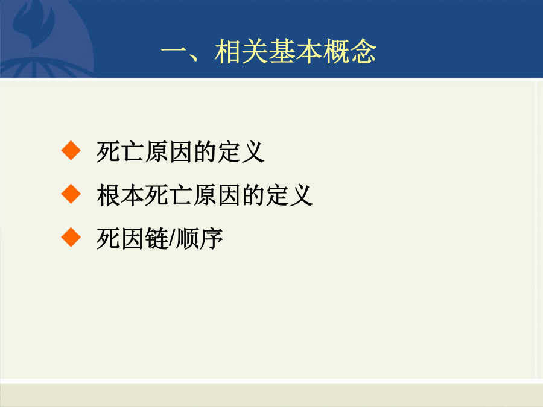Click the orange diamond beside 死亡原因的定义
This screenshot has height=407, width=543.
pyautogui.click(x=71, y=151)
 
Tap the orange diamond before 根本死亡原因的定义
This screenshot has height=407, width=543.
pyautogui.click(x=71, y=194)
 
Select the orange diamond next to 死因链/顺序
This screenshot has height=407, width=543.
pyautogui.click(x=71, y=237)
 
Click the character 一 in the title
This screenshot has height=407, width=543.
pyautogui.click(x=174, y=52)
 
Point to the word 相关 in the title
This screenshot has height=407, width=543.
pyautogui.click(x=241, y=51)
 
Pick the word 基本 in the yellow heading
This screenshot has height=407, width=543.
pyautogui.click(x=296, y=51)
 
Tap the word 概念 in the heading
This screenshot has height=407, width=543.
pyautogui.click(x=350, y=51)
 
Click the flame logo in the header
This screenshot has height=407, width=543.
pyautogui.click(x=34, y=24)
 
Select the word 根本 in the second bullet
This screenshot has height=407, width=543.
pyautogui.click(x=121, y=195)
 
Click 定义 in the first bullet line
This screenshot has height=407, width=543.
pyautogui.click(x=241, y=151)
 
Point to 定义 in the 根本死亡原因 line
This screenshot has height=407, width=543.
pyautogui.click(x=290, y=195)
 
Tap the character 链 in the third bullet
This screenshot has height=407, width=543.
pyautogui.click(x=157, y=239)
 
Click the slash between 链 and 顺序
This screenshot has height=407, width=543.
pyautogui.click(x=173, y=239)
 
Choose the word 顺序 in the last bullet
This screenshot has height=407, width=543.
pyautogui.click(x=200, y=239)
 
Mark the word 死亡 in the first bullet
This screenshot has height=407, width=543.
pyautogui.click(x=121, y=151)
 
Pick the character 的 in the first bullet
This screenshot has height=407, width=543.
pyautogui.click(x=205, y=151)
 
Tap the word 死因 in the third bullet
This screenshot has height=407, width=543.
pyautogui.click(x=121, y=239)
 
